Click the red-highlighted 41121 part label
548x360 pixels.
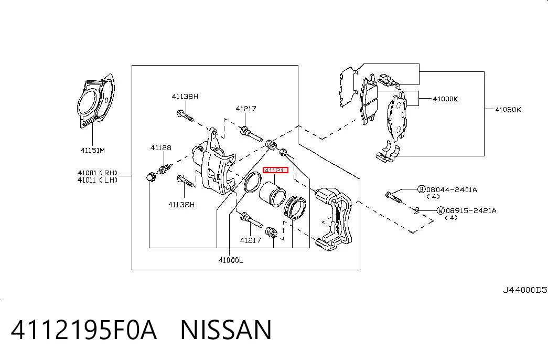click(275, 171)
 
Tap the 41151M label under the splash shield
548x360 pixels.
click(93, 151)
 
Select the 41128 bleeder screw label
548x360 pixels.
click(161, 147)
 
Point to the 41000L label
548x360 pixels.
click(231, 260)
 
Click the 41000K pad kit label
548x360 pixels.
click(445, 99)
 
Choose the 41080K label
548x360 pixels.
click(508, 110)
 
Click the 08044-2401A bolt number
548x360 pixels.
click(452, 190)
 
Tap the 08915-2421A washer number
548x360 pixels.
click(471, 211)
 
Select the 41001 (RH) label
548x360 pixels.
click(98, 173)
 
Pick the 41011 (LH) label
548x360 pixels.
click(98, 180)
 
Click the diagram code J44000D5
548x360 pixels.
click(525, 290)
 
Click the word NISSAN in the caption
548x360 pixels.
click(226, 330)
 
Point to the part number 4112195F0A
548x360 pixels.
click(84, 330)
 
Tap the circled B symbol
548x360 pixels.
click(422, 189)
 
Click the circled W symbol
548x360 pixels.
click(440, 210)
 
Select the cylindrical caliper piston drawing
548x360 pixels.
click(273, 194)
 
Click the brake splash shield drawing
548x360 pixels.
click(95, 101)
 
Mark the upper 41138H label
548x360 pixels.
click(185, 96)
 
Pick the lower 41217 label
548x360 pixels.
click(251, 240)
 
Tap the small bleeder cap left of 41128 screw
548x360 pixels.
click(151, 177)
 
